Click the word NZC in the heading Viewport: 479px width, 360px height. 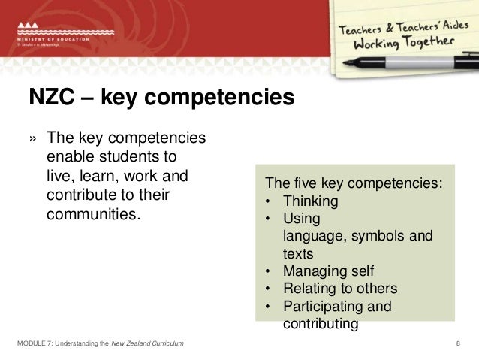pyautogui.click(x=50, y=97)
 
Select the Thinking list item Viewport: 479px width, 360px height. pyautogui.click(x=311, y=201)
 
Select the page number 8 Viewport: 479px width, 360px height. pyautogui.click(x=458, y=343)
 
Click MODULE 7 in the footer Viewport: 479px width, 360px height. pyautogui.click(x=34, y=343)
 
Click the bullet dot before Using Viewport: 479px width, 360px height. pyautogui.click(x=268, y=219)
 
